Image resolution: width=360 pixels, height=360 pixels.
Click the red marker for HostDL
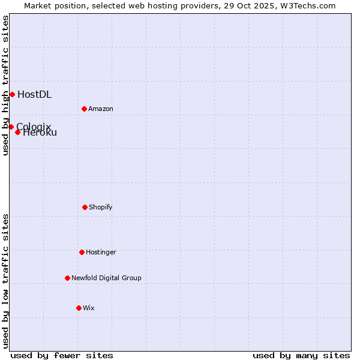coord(12,94)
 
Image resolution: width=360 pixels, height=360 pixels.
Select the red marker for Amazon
coord(84,109)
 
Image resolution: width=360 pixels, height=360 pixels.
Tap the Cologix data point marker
coord(11,127)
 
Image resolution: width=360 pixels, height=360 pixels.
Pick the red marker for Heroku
coord(17,132)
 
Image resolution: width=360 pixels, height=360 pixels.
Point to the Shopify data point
coord(85,207)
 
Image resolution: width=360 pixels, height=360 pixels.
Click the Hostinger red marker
coord(82,252)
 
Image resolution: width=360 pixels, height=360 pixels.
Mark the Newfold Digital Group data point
coord(67,278)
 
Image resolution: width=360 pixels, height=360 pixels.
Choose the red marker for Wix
coord(79,308)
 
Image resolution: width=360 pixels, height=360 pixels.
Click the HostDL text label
coord(34,94)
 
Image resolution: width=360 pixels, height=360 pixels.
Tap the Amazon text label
coord(101,109)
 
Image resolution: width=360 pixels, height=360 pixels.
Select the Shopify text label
coord(101,207)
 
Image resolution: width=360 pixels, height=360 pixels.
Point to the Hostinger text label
coord(101,252)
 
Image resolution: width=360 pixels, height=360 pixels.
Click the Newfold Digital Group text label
coord(106,278)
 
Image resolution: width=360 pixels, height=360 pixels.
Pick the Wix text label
coord(89,308)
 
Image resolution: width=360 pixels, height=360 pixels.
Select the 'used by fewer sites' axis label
coord(62,355)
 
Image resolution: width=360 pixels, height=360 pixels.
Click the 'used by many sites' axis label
coord(301,355)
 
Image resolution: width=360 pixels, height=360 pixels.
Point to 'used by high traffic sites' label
coord(5,85)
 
